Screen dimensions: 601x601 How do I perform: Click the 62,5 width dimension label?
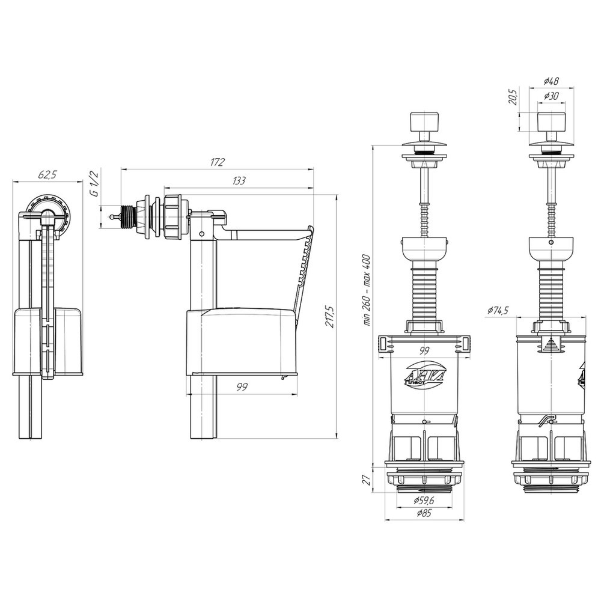(x=47, y=175)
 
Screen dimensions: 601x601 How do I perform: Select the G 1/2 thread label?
(x=94, y=184)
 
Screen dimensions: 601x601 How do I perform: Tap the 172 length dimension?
(x=218, y=162)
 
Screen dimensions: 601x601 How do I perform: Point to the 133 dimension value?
(x=239, y=180)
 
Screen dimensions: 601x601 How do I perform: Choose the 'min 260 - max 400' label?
(x=367, y=290)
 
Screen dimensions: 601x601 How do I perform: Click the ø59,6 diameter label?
(x=423, y=500)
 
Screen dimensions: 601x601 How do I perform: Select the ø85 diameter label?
(x=423, y=513)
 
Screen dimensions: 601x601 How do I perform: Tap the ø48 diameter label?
(x=551, y=81)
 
